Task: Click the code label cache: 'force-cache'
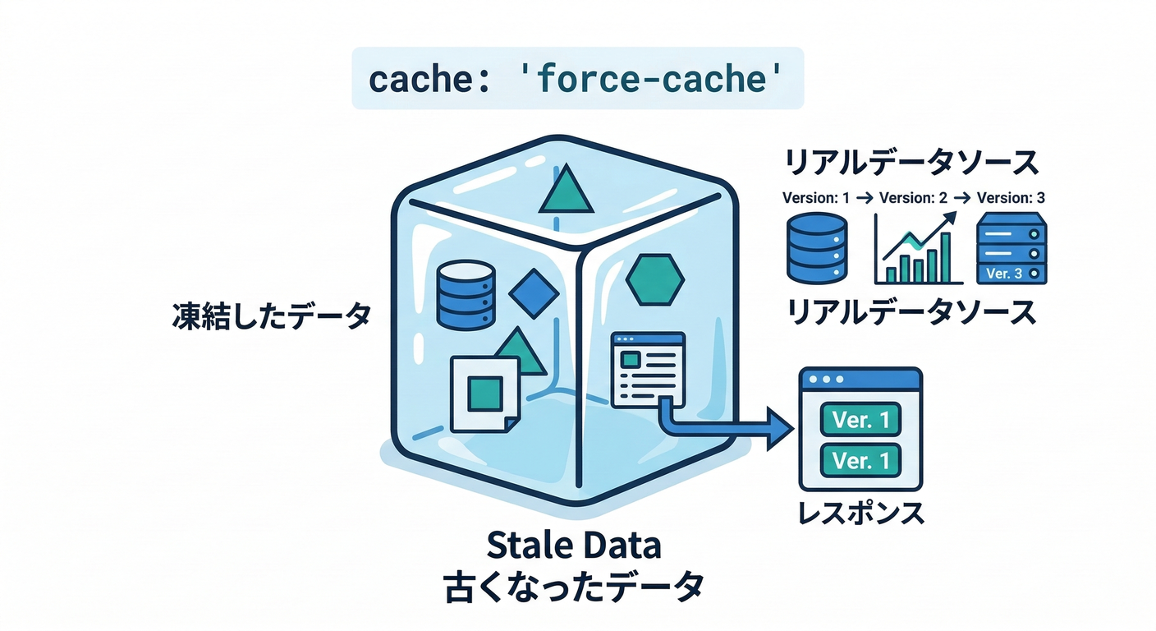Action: click(x=577, y=80)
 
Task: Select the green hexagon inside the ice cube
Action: click(x=654, y=279)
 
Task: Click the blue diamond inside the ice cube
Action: click(x=534, y=293)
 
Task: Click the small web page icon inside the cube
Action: click(x=648, y=368)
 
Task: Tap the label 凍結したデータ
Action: click(x=271, y=317)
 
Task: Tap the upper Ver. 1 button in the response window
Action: click(x=860, y=420)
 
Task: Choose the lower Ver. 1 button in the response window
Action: click(x=860, y=461)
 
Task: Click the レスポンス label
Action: click(x=861, y=514)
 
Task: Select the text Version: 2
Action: click(x=913, y=198)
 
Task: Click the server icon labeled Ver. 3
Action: click(x=1011, y=248)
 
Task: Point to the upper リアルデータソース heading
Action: click(x=911, y=163)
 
